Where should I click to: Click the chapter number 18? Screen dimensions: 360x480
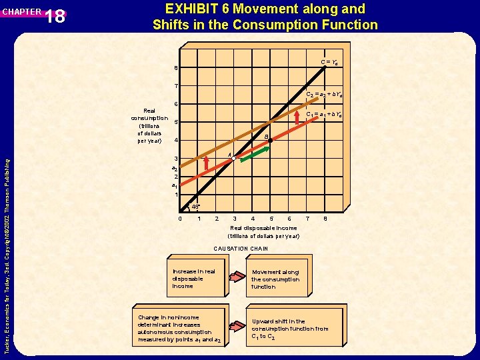[x=56, y=16]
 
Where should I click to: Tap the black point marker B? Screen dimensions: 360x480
[x=271, y=141]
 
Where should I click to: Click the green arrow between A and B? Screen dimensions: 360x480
[x=255, y=154]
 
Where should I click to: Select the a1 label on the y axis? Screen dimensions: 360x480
[x=175, y=186]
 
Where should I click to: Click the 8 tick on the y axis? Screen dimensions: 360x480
[x=176, y=69]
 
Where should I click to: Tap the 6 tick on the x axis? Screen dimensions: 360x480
[x=289, y=219]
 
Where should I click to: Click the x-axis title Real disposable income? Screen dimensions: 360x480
[x=263, y=228]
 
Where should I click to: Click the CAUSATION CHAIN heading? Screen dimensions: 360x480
[x=241, y=249]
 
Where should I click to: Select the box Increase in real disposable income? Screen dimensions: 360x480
[x=194, y=279]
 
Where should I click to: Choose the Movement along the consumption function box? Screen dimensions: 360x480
[x=276, y=279]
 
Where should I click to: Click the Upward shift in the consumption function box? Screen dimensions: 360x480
[x=290, y=329]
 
